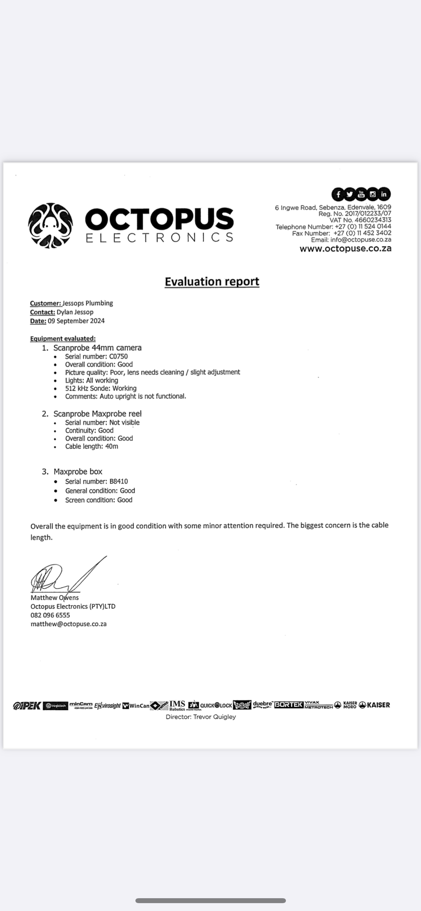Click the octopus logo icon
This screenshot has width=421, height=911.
tap(50, 226)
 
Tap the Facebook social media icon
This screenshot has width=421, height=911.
tap(338, 194)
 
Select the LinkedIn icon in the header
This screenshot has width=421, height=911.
tap(384, 194)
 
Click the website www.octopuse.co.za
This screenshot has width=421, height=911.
tap(345, 248)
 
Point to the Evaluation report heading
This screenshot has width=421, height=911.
tap(212, 281)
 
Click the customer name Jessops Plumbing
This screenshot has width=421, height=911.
tap(88, 303)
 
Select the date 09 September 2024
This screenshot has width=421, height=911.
tap(76, 321)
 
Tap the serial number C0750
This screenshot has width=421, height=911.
tap(118, 356)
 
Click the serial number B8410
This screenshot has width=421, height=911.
tap(119, 481)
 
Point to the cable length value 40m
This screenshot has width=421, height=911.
tap(111, 446)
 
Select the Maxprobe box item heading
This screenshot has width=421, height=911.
tap(78, 472)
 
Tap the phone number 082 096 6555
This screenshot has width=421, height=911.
tap(50, 615)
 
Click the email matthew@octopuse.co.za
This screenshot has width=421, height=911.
tap(69, 624)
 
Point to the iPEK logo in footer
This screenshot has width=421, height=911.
tap(27, 705)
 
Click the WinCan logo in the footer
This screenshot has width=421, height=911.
tap(136, 705)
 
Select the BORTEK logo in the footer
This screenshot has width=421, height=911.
tap(289, 704)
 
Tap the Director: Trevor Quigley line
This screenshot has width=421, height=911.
tap(201, 717)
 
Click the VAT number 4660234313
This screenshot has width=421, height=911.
tap(372, 220)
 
